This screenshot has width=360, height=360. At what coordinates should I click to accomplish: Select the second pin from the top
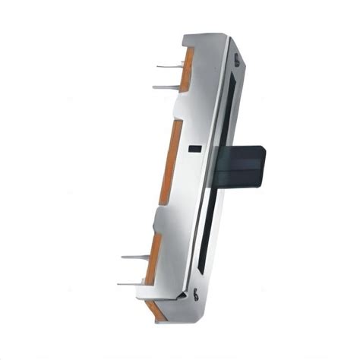pyautogui.click(x=166, y=87)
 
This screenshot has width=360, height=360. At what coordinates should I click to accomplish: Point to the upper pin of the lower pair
pyautogui.click(x=135, y=257)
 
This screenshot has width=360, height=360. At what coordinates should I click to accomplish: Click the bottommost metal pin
pyautogui.click(x=131, y=284)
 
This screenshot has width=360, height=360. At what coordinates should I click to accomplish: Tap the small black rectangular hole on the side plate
pyautogui.click(x=195, y=148)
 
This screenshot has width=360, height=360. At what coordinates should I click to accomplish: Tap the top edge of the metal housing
pyautogui.click(x=205, y=36)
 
